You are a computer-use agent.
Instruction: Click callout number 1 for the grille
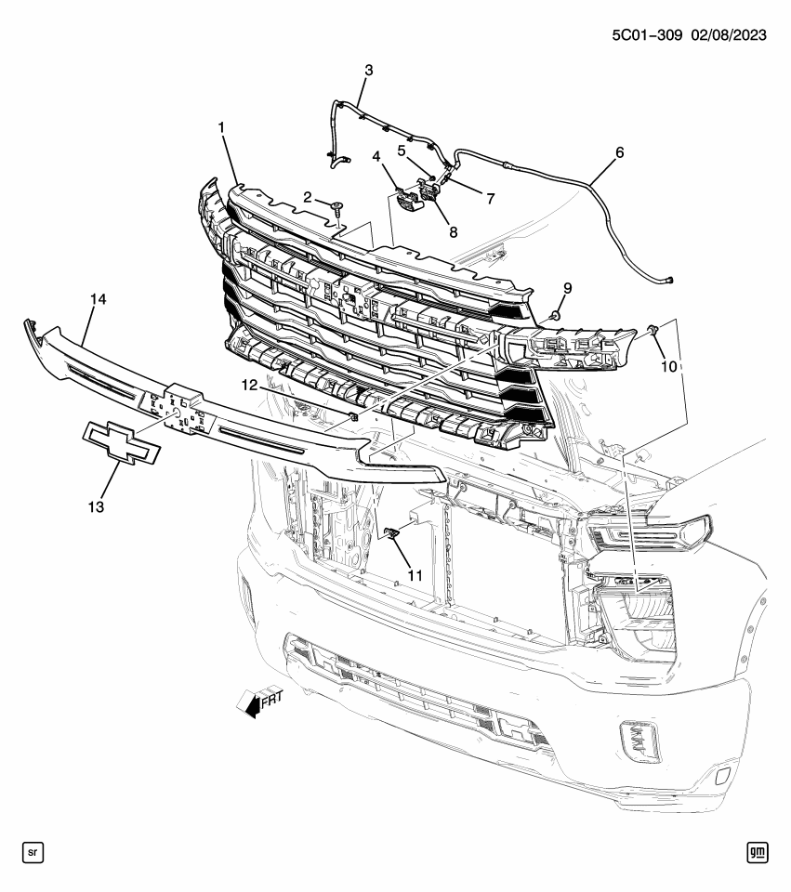pos(222,127)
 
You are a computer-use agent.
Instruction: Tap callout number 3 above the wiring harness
pos(368,71)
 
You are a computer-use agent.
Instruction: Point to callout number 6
pos(619,152)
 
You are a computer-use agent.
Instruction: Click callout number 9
pos(566,289)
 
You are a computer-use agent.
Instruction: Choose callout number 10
pos(668,367)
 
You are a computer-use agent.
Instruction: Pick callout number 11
pos(415,575)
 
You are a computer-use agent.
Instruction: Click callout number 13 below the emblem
pos(97,506)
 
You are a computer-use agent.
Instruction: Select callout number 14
pos(99,299)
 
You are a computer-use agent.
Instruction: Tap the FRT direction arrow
pos(256,703)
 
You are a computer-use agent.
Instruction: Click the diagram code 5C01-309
pos(650,35)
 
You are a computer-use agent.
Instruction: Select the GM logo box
pos(758,851)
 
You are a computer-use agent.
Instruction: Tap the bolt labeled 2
pos(336,207)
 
